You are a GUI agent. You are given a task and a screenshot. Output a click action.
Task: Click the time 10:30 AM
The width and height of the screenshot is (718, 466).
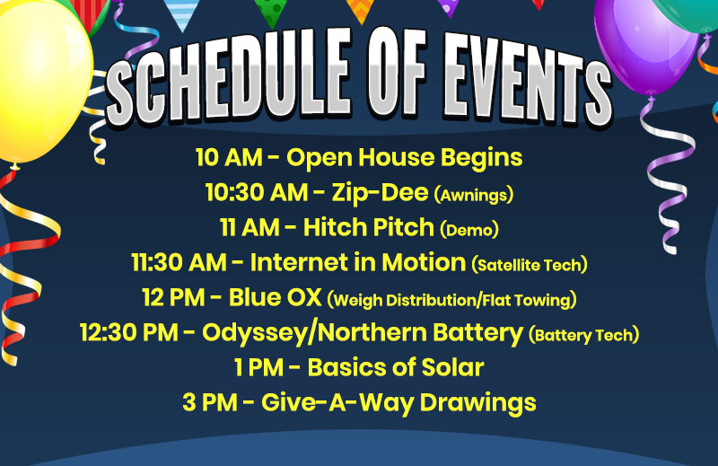pos(257,192)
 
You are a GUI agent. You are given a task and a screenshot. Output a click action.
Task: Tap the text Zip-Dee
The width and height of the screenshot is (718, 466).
pos(380,192)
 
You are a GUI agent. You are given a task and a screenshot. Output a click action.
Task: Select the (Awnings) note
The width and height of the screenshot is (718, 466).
pos(474,195)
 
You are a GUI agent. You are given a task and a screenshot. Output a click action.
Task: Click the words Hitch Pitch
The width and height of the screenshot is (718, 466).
pos(369,227)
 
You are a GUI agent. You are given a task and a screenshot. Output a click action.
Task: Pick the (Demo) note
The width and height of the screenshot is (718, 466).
pos(468,230)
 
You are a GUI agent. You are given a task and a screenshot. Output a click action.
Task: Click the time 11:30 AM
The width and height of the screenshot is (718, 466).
pos(179,262)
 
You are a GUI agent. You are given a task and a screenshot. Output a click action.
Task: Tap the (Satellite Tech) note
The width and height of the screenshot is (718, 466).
pos(530,265)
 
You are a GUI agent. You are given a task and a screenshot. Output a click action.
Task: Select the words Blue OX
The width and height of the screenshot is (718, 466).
pos(276,298)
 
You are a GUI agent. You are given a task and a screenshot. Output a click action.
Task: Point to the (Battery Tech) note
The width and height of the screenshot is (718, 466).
pos(583,335)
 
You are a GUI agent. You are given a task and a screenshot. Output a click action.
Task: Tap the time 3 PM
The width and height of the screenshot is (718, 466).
pos(210,403)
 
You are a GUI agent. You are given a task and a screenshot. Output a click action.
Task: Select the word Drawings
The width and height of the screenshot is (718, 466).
pos(478,404)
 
